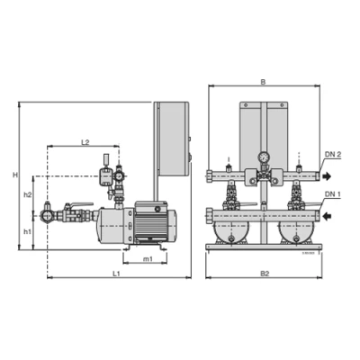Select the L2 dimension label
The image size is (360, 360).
pyautogui.click(x=85, y=142)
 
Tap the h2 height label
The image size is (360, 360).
pyautogui.click(x=27, y=194)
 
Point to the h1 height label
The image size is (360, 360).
pyautogui.click(x=27, y=231)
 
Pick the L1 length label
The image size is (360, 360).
pyautogui.click(x=116, y=272)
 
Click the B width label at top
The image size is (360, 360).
pyautogui.click(x=263, y=82)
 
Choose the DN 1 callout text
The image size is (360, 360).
pyautogui.click(x=333, y=194)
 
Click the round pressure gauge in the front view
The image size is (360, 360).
pyautogui.click(x=264, y=157)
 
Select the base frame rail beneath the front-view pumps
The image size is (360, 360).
pyautogui.click(x=264, y=247)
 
